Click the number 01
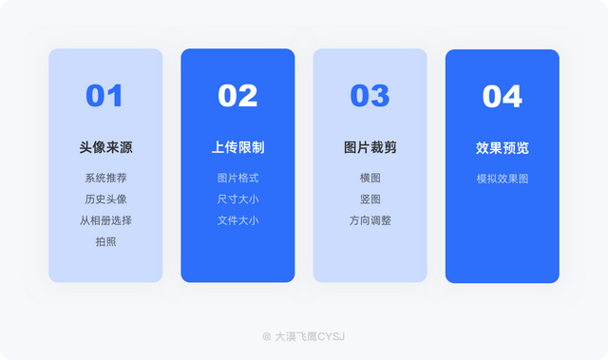pos(104,96)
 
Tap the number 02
pos(237,96)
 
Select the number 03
pos(370,96)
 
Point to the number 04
pos(502,96)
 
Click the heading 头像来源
pos(105,147)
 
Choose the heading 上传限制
pos(237,147)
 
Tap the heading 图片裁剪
pos(370,147)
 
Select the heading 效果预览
pos(502,147)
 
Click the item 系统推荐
pos(105,178)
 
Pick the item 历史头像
pos(105,199)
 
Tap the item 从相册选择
pos(105,220)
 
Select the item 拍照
pos(105,241)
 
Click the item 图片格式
pos(237,178)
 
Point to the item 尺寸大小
pos(237,199)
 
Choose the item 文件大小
pos(237,220)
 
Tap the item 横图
pos(370,178)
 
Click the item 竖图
pos(370,199)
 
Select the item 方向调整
pos(370,220)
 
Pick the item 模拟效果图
pos(502,178)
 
